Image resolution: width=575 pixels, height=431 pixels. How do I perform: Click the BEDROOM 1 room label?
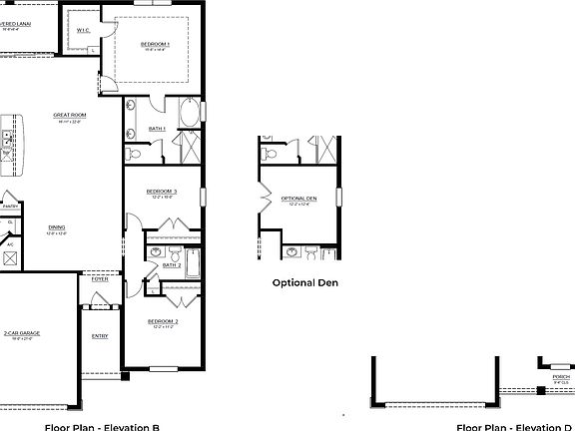[155, 45]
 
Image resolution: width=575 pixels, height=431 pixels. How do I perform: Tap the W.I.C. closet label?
[84, 31]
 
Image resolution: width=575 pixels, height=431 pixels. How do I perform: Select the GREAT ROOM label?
[70, 117]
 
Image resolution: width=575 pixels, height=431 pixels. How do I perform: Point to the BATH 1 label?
[158, 128]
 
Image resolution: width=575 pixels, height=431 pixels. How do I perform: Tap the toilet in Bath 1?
[133, 154]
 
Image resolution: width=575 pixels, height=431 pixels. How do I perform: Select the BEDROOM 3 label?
[161, 192]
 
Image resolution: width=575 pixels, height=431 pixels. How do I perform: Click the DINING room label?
[57, 227]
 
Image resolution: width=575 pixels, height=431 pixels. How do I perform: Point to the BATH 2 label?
[171, 265]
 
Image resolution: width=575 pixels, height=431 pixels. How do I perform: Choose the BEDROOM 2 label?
[162, 321]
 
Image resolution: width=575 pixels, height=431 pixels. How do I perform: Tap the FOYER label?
[100, 279]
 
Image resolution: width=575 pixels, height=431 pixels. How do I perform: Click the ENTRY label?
[100, 336]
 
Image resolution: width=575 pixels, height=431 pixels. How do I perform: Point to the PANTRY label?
[10, 207]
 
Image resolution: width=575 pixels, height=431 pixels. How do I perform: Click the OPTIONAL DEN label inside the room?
[298, 200]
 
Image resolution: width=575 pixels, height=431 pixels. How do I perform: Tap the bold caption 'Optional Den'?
[305, 282]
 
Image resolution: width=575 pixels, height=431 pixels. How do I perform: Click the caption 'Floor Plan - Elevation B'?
[102, 426]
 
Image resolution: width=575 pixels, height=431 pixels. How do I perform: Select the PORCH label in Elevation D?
[561, 377]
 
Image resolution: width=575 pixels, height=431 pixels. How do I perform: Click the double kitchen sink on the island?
[5, 141]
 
